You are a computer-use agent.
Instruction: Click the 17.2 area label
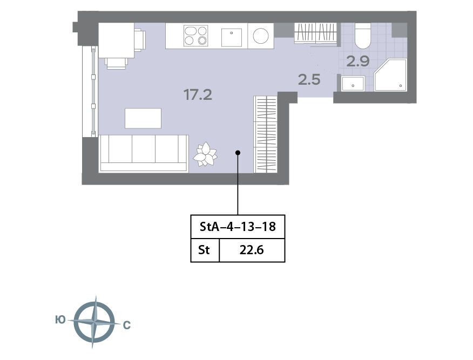198,95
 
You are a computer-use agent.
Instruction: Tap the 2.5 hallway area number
309,80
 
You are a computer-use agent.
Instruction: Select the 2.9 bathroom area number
358,62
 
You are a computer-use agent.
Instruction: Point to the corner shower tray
390,75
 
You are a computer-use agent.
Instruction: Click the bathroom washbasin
353,84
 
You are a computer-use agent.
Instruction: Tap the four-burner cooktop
196,36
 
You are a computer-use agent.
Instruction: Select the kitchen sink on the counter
232,37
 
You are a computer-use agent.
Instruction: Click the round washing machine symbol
261,36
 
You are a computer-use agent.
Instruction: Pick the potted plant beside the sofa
205,154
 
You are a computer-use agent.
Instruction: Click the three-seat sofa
144,153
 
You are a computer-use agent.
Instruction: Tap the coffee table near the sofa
143,118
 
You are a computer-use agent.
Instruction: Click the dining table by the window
117,40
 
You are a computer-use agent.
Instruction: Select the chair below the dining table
116,63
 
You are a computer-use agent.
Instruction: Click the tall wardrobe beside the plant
266,134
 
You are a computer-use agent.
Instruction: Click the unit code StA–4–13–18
238,227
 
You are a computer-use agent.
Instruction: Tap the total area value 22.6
252,250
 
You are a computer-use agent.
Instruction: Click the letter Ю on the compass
60,320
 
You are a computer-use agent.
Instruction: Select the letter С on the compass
127,325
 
